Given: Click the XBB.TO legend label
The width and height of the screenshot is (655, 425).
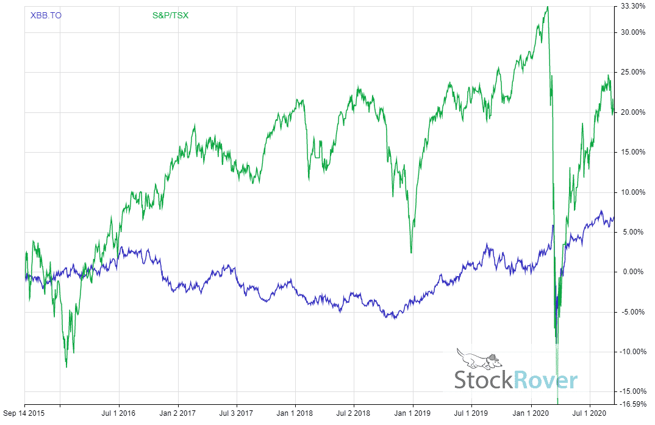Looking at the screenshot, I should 46,15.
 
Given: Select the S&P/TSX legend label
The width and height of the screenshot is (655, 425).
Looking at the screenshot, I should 170,15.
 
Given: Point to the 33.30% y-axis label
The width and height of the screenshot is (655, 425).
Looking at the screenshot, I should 632,6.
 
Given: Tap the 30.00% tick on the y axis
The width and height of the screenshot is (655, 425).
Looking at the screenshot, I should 632,32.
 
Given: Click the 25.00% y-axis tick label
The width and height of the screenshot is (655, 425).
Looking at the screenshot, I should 632,72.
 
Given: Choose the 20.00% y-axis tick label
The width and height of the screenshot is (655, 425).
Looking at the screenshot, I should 632,112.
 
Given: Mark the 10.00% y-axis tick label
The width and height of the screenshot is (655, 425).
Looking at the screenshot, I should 632,192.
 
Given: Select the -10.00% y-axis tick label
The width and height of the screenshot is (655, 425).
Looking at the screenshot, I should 632,352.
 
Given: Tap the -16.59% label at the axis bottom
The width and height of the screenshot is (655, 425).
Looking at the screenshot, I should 632,404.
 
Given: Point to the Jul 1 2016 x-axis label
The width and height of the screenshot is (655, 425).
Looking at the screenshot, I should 118,413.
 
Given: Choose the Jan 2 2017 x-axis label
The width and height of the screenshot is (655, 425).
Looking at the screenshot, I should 177,413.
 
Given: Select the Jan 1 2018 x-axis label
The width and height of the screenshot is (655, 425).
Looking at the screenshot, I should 295,413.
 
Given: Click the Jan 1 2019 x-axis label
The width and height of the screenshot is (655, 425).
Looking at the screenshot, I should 413,413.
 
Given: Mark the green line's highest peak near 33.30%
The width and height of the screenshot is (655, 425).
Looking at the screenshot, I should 547,7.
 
